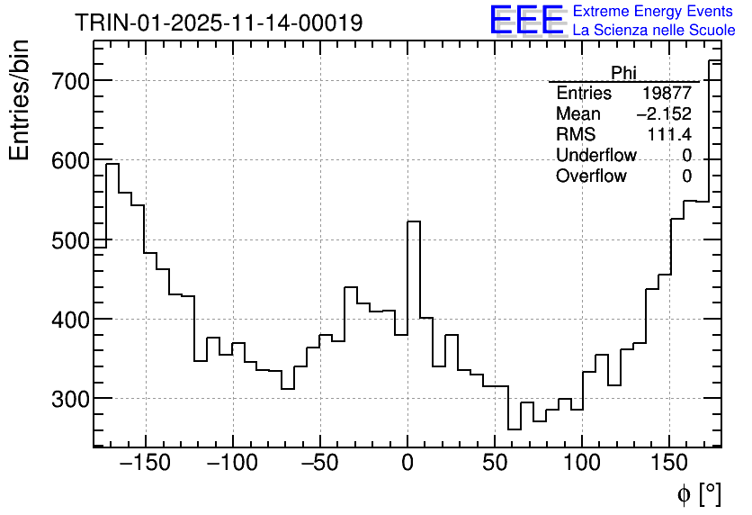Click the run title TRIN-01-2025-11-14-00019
[219, 23]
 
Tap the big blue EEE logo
[526, 20]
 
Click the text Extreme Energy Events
[654, 12]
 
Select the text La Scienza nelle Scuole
[654, 31]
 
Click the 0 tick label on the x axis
[407, 464]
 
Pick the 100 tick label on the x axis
[582, 464]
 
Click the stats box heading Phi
[624, 73]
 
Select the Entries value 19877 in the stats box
[667, 94]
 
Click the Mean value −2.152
[664, 114]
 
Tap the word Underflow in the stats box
[596, 156]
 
